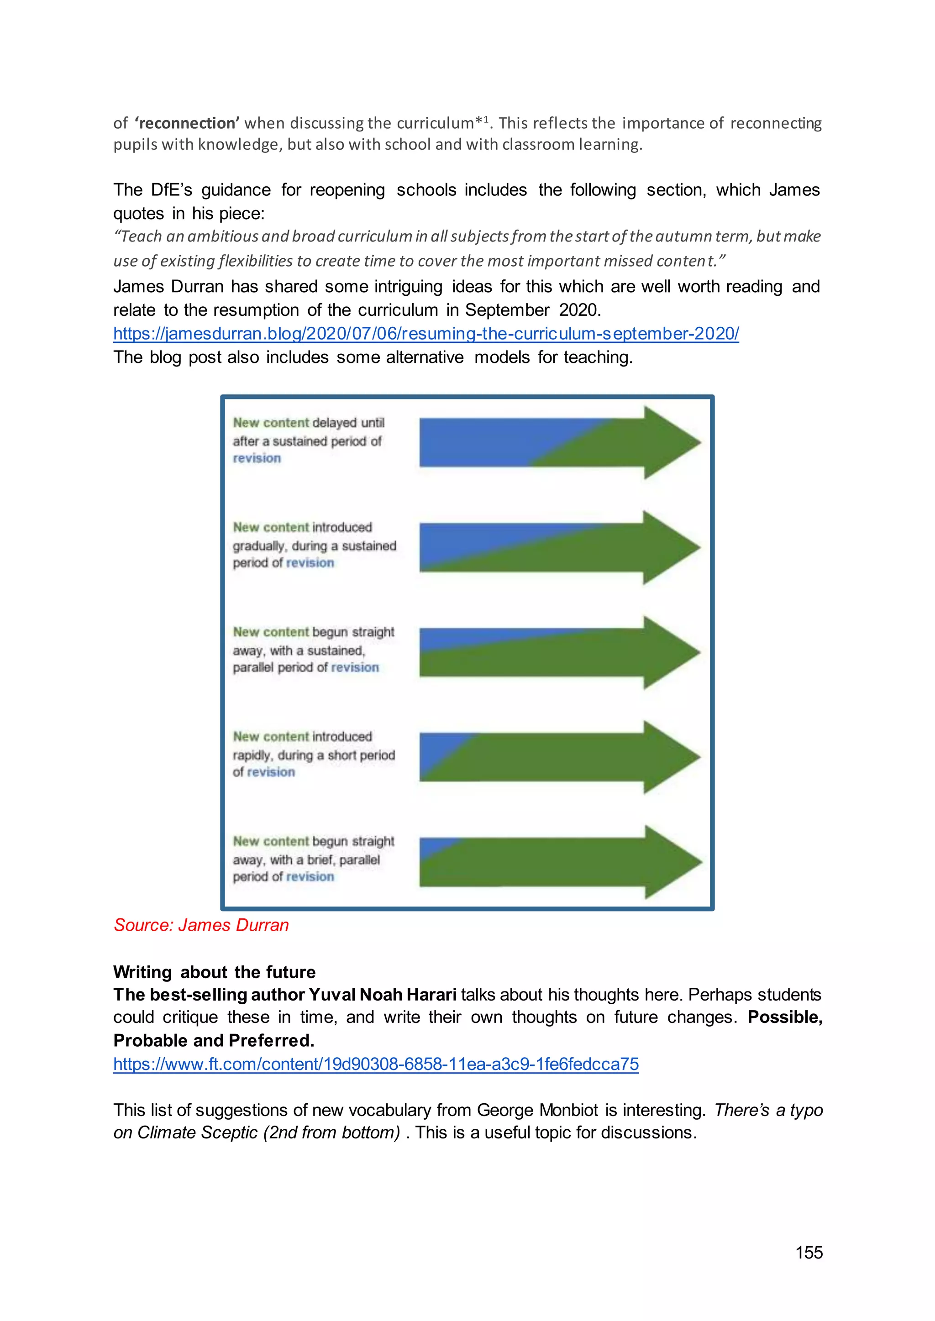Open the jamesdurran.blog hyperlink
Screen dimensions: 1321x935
(425, 334)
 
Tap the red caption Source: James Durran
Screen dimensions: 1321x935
(201, 924)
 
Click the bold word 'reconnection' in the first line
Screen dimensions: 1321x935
(187, 123)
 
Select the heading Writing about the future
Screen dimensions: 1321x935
(214, 972)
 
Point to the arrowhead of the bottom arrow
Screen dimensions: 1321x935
(672, 862)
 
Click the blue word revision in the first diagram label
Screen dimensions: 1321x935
(257, 458)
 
